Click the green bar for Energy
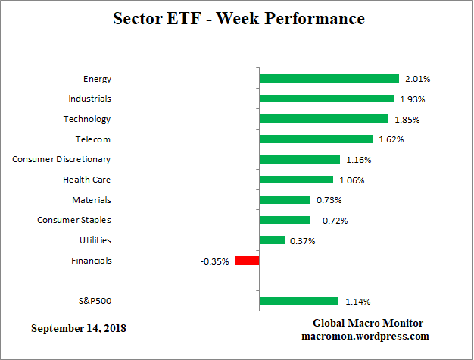(x=329, y=78)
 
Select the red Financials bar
(x=247, y=261)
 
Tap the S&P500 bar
(x=298, y=301)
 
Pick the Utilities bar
(x=272, y=240)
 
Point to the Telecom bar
(x=316, y=139)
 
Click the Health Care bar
(x=296, y=180)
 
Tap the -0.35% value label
(x=215, y=261)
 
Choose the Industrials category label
(x=89, y=99)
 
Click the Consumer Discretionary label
(x=61, y=159)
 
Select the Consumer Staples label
(x=74, y=220)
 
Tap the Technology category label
(x=87, y=119)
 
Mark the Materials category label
(x=92, y=200)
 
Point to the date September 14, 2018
(x=79, y=329)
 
